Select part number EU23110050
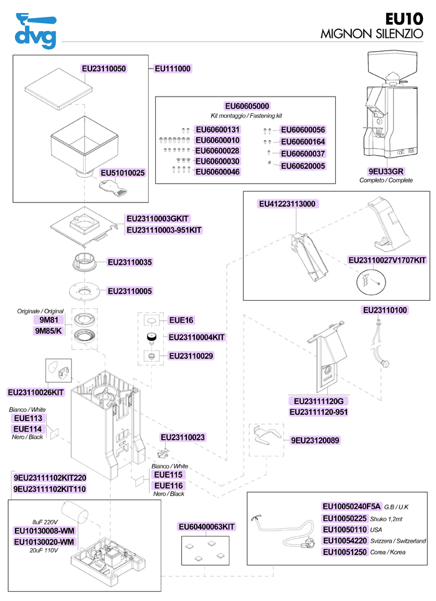coord(105,69)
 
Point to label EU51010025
coord(123,173)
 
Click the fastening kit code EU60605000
coord(247,106)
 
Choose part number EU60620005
coord(303,166)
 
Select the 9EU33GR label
coord(386,171)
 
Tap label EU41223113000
coord(287,204)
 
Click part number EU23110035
coord(130,263)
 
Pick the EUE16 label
coord(182,320)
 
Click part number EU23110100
coord(385,310)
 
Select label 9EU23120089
coord(315,440)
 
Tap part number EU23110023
coord(182,438)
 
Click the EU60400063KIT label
coord(207,528)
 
